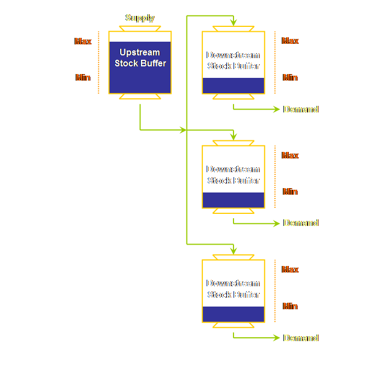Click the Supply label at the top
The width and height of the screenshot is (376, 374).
[x=140, y=18]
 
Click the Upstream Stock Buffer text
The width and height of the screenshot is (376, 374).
[x=140, y=58]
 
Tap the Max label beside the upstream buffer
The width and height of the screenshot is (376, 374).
[x=83, y=41]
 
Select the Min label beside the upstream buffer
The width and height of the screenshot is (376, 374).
[x=83, y=78]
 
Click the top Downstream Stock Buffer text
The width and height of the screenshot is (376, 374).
[x=233, y=60]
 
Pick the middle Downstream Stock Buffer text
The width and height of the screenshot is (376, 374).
[x=233, y=175]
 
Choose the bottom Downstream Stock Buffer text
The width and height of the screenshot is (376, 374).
[x=233, y=289]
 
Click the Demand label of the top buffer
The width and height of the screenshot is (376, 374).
[x=300, y=109]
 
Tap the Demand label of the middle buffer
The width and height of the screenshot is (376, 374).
[x=300, y=223]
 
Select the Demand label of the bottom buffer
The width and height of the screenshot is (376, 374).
[x=300, y=338]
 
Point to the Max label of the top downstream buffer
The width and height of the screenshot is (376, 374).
[x=290, y=41]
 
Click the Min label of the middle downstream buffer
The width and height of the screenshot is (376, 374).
[x=290, y=192]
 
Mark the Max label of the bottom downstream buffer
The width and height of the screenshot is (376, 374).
[x=290, y=270]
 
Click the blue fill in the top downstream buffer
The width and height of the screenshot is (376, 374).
[x=233, y=86]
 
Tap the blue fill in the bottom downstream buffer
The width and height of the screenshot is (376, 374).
[x=233, y=314]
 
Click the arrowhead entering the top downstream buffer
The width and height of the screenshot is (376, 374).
[x=233, y=22]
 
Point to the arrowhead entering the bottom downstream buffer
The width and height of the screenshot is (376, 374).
[x=233, y=251]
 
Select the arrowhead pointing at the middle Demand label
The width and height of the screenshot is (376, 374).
[x=277, y=223]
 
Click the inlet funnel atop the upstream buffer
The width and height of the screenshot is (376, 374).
[x=140, y=28]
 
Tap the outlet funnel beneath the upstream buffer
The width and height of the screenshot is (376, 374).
[x=140, y=97]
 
